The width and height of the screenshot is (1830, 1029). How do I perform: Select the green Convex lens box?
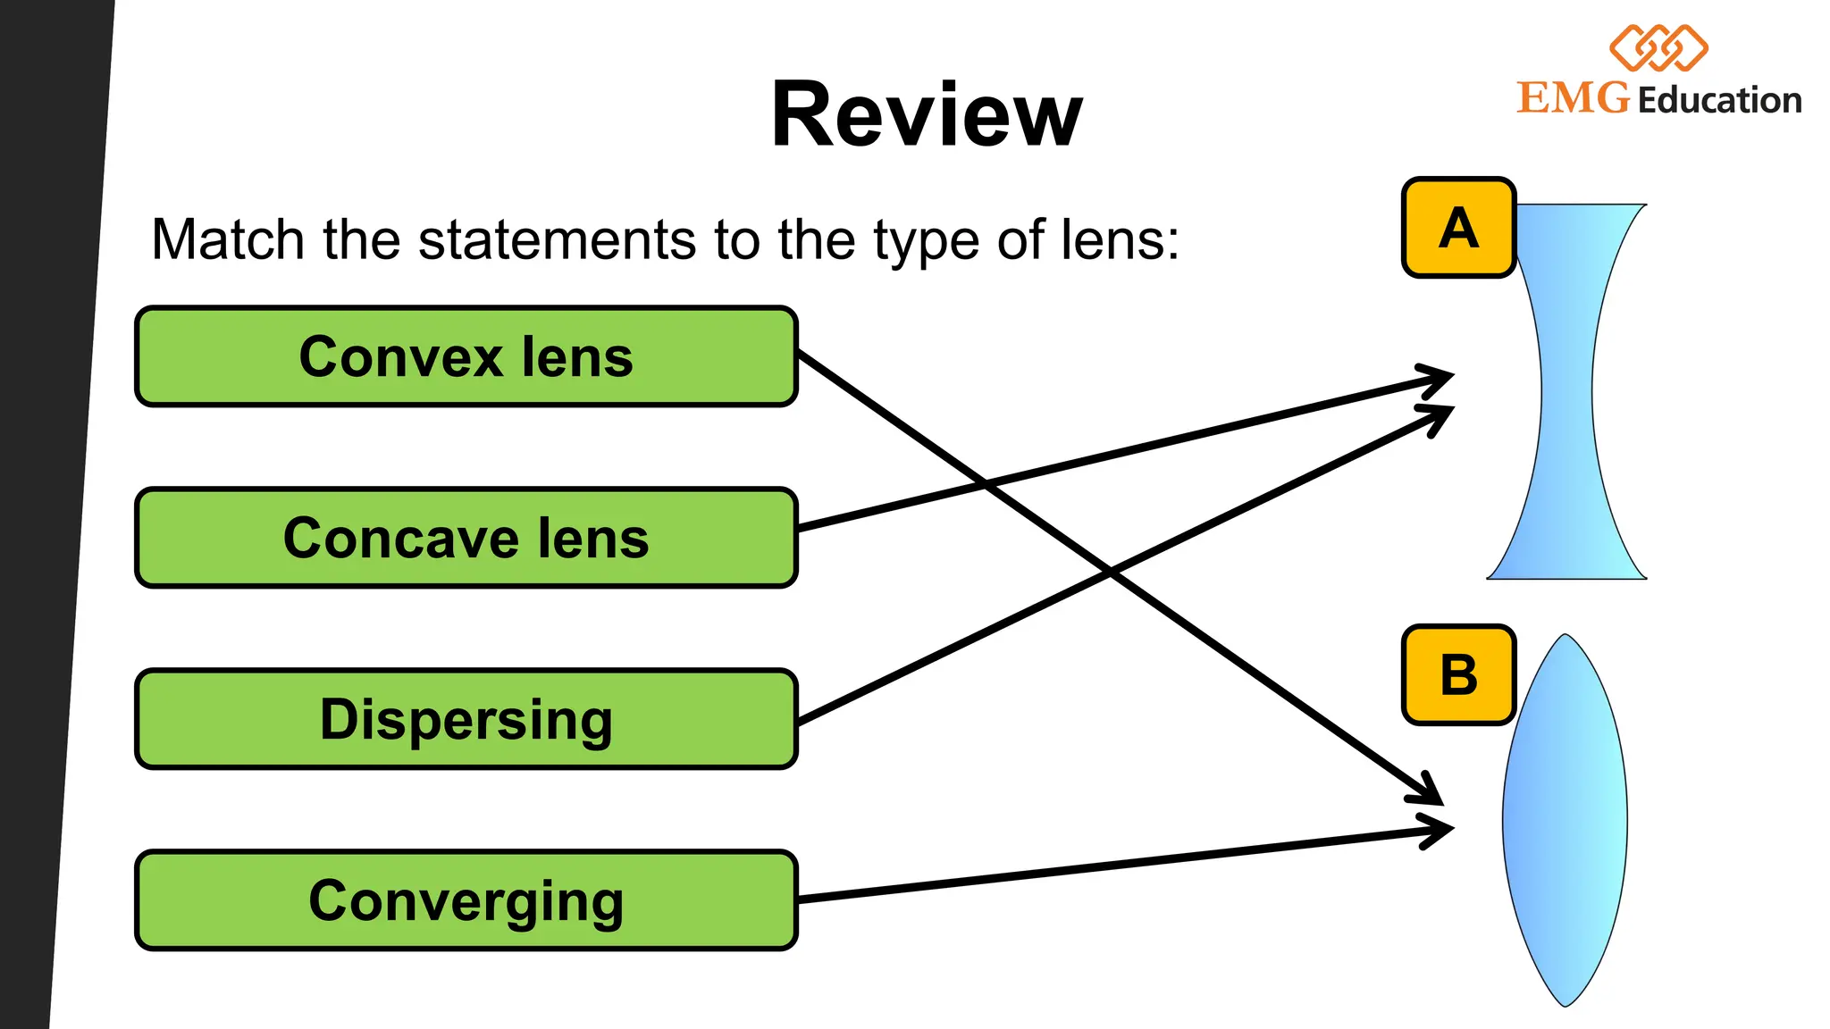coord(466,357)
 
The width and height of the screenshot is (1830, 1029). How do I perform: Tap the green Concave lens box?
coord(466,539)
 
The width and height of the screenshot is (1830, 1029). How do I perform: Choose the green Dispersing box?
coord(466,719)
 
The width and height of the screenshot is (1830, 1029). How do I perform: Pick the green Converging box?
coord(466,900)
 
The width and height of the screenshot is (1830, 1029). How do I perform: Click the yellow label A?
coord(1458,228)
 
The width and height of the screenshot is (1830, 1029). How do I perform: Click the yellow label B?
coord(1458,675)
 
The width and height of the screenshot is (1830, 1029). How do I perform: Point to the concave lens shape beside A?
coord(1566,393)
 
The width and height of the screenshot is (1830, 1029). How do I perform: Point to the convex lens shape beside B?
coord(1565,822)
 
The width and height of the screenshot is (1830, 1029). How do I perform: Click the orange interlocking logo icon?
coord(1658,48)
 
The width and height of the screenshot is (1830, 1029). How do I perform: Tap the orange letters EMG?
coord(1574,98)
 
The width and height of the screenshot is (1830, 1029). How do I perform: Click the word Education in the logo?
coord(1719,100)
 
